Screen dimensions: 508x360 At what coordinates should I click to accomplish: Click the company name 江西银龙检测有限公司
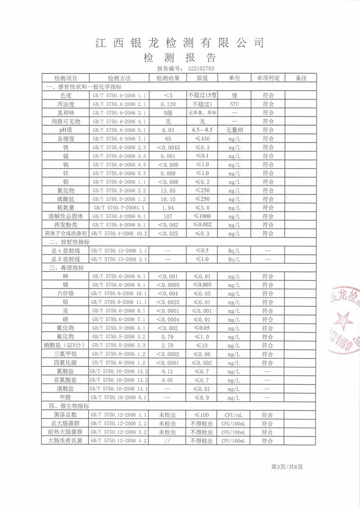point(180,43)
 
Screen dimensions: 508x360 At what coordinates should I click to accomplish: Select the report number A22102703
point(198,69)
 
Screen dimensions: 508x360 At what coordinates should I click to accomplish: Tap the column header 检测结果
point(168,78)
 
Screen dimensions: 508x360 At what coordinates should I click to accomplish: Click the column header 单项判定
point(268,78)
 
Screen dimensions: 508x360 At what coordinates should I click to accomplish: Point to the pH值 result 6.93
point(168,130)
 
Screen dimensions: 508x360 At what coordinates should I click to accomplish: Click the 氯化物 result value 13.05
point(168,190)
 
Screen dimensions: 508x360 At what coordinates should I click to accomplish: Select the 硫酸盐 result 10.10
point(168,199)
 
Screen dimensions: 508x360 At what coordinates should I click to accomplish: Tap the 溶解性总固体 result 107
point(168,216)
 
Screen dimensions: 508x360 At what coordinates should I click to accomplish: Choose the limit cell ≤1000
point(202,216)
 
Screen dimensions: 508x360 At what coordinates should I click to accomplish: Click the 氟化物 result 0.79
point(168,337)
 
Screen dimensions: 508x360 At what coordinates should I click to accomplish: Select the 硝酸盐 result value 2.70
point(168,345)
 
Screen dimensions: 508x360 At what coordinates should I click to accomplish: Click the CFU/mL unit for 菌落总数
point(234,414)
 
